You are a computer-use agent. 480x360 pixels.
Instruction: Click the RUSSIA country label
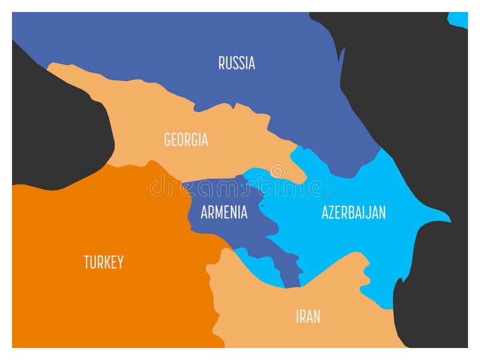236,63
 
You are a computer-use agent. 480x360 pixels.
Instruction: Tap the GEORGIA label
186,140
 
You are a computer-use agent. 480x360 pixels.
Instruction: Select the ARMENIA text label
224,212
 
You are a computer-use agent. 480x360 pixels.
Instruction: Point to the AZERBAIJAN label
353,212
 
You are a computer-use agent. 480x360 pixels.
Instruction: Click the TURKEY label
103,262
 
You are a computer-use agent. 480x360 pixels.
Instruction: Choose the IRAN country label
308,316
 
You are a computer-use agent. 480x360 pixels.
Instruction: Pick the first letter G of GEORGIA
167,140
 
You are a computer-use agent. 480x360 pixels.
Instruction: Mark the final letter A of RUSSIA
251,63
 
